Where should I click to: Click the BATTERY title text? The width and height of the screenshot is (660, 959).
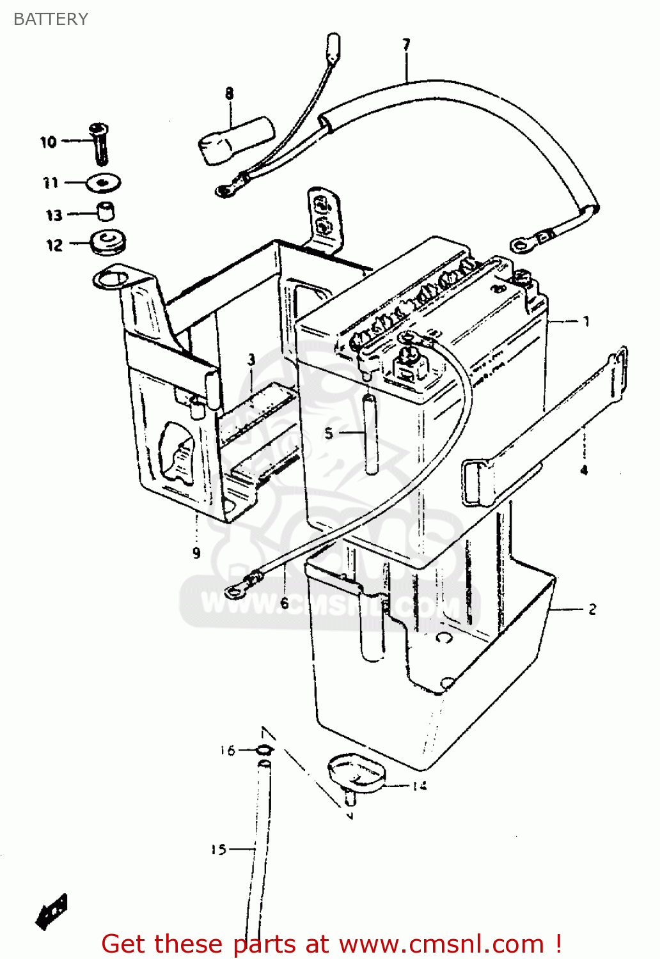pos(51,19)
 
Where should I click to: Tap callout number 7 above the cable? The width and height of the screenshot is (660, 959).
pos(406,45)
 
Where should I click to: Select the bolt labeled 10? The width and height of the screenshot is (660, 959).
pos(100,143)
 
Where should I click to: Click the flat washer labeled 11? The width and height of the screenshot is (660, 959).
pos(103,183)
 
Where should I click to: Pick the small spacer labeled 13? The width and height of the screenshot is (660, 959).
pos(105,211)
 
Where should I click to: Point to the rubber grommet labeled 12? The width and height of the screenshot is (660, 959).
pos(109,243)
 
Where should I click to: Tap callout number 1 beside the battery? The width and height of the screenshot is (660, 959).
pos(585,322)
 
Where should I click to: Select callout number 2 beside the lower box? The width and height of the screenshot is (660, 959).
pos(592,609)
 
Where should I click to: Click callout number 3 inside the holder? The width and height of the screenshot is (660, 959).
pos(251,360)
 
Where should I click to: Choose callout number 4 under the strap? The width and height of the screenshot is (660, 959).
pos(583,470)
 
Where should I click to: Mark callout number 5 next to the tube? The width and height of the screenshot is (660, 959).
pos(328,433)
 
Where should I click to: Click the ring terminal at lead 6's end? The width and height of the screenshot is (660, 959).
pos(235,589)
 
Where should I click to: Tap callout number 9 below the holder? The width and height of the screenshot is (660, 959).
pos(196,553)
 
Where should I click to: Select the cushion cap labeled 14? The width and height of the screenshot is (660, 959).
pos(356,774)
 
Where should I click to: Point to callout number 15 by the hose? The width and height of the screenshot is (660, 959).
pos(219,849)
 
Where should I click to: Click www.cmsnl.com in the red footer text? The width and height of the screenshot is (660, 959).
pos(441,944)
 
